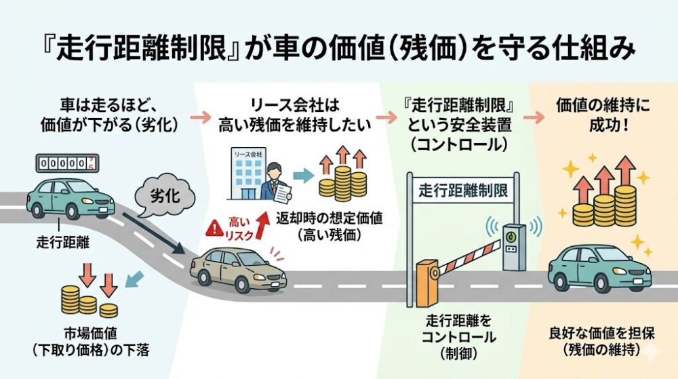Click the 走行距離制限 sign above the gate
(460, 189)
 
